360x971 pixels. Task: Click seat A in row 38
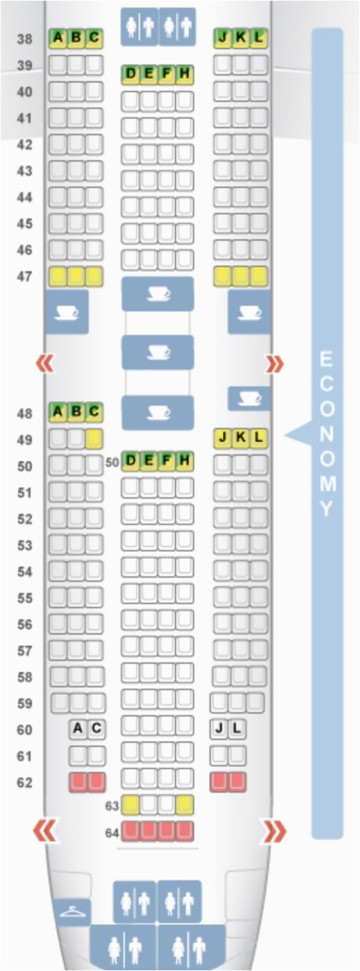pos(58,38)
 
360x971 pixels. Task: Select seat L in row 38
pos(259,38)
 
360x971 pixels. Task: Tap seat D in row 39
pos(130,74)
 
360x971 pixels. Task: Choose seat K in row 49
pos(241,438)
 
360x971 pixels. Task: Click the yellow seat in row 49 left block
pos(94,439)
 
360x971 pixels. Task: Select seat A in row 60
pos(78,729)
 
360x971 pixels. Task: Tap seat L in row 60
pos(237,729)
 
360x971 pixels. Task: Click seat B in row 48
pos(76,411)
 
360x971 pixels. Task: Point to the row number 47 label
pos(25,276)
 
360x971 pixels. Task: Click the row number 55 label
pos(25,598)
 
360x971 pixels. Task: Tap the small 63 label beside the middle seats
pos(112,806)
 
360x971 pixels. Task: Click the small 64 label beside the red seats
pos(112,833)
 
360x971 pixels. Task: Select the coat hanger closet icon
pos(72,913)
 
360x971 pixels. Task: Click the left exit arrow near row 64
pos(44,831)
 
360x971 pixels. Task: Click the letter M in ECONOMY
pos(327,483)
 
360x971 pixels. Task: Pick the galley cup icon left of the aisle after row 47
pos(67,312)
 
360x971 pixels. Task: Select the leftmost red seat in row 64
pos(130,831)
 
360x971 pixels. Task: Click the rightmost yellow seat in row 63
pos(185,805)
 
